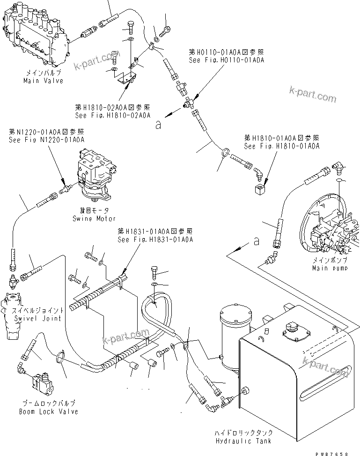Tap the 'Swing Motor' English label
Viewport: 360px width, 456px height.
click(94, 218)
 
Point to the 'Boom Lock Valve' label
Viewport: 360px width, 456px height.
click(48, 411)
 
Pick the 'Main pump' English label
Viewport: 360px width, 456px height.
click(330, 268)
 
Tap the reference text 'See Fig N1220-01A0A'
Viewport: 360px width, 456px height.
click(46, 140)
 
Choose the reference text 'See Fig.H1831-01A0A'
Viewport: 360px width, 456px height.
click(155, 239)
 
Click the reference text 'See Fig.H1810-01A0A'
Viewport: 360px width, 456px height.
click(282, 146)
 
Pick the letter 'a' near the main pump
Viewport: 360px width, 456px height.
click(256, 242)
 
